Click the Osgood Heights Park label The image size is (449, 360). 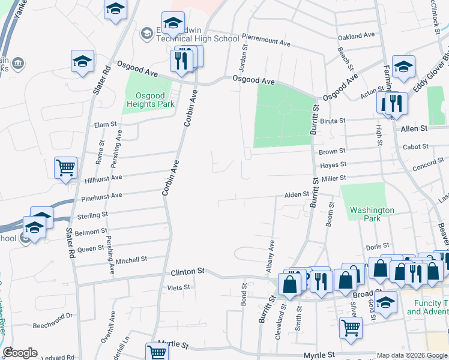tap(150, 99)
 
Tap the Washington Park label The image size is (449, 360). tap(372, 214)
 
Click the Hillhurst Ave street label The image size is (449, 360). tap(103, 178)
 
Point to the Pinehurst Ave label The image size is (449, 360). tap(100, 196)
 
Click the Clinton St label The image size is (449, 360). tap(187, 271)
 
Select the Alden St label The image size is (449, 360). tap(296, 194)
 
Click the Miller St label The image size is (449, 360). tap(334, 178)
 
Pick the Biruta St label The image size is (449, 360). tap(333, 121)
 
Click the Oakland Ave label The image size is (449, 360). tap(356, 37)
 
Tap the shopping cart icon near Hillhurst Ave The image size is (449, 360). tap(65, 168)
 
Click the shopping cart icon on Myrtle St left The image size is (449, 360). tap(156, 352)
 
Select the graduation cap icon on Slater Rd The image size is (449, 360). tap(83, 61)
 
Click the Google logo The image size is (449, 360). tap(20, 353)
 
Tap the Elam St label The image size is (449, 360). tap(105, 125)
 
